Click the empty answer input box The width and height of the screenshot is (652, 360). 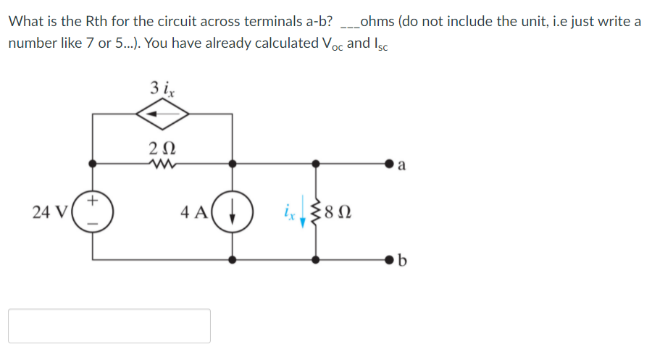pos(109,325)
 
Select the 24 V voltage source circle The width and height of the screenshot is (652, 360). pos(92,211)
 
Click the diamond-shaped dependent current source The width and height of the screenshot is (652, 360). pos(163,114)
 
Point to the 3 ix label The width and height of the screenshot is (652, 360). pos(162,88)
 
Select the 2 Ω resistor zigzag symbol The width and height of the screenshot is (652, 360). pos(161,164)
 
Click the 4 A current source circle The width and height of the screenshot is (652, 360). pos(232,212)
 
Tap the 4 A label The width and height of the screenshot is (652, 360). pos(195,212)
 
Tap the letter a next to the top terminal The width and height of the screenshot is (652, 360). pos(403,168)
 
